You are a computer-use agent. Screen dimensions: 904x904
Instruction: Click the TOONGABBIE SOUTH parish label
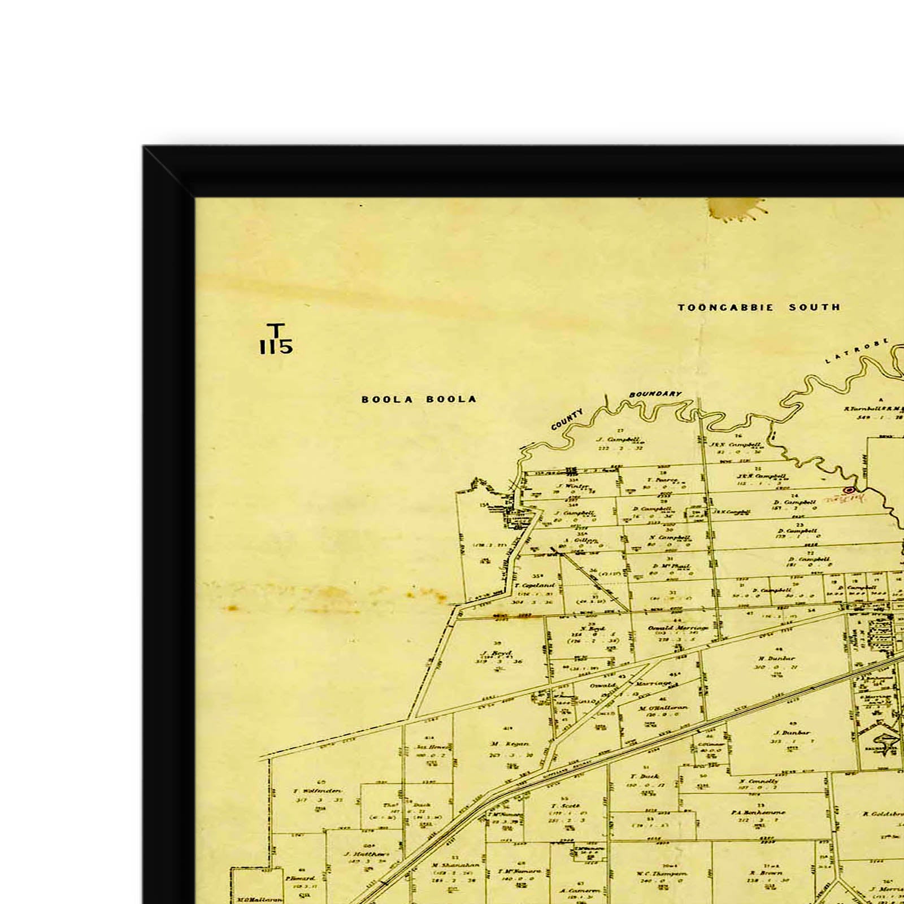click(x=759, y=307)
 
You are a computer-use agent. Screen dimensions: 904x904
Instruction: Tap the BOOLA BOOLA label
click(x=419, y=399)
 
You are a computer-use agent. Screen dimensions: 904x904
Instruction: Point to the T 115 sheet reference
click(x=276, y=339)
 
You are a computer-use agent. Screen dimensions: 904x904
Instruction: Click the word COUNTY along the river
click(x=567, y=419)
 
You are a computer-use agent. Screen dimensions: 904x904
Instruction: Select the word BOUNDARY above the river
click(x=655, y=394)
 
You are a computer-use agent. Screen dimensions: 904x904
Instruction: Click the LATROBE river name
click(x=857, y=351)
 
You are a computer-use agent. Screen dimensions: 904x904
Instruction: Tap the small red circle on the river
click(x=847, y=490)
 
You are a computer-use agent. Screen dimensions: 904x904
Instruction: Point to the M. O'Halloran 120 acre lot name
click(x=663, y=708)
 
